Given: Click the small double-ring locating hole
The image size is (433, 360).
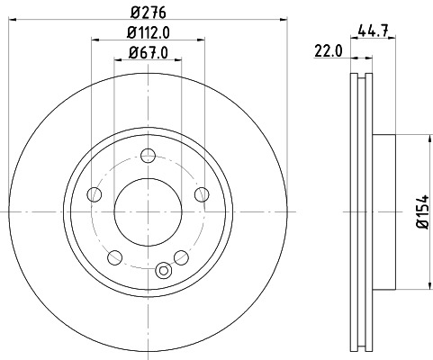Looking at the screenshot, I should [163, 269].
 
